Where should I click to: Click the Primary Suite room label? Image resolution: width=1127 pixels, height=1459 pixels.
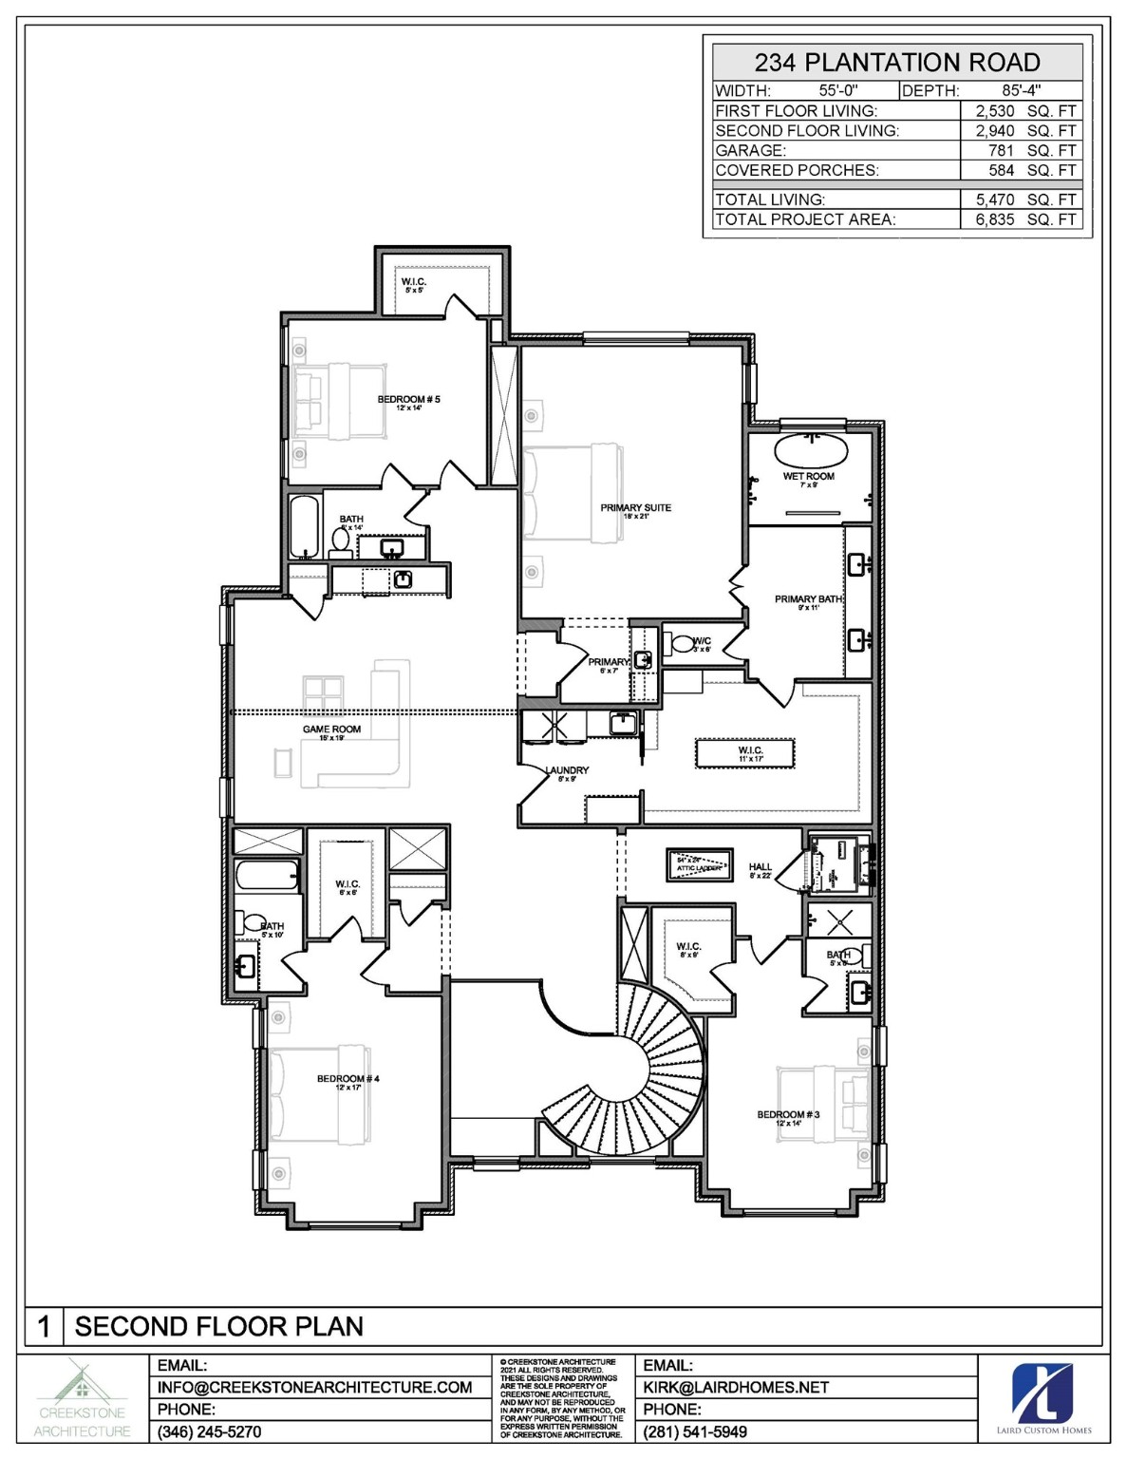[635, 508]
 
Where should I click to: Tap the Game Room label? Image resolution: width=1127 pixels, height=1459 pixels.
[331, 729]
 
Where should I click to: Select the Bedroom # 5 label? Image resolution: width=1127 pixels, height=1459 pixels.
[408, 400]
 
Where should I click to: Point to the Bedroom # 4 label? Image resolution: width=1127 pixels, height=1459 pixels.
[347, 1079]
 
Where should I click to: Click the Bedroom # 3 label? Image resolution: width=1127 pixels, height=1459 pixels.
[788, 1114]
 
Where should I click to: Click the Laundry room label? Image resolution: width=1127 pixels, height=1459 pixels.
[567, 770]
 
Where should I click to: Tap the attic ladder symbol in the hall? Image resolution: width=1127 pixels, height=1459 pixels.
[699, 866]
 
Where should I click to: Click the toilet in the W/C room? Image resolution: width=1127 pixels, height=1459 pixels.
[682, 643]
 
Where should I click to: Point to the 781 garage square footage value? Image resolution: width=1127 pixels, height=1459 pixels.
[1001, 150]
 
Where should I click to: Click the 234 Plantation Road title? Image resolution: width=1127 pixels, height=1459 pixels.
[896, 63]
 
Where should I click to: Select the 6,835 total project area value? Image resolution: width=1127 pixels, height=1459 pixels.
[995, 219]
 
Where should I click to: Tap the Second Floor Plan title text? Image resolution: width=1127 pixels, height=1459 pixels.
[218, 1326]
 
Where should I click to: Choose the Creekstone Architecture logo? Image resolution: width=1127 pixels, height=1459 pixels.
[83, 1397]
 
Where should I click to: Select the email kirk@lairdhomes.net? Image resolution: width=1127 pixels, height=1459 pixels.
[736, 1387]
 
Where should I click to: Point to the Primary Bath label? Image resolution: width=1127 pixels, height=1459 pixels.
[808, 599]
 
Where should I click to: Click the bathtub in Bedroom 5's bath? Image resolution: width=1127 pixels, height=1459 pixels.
[304, 526]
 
